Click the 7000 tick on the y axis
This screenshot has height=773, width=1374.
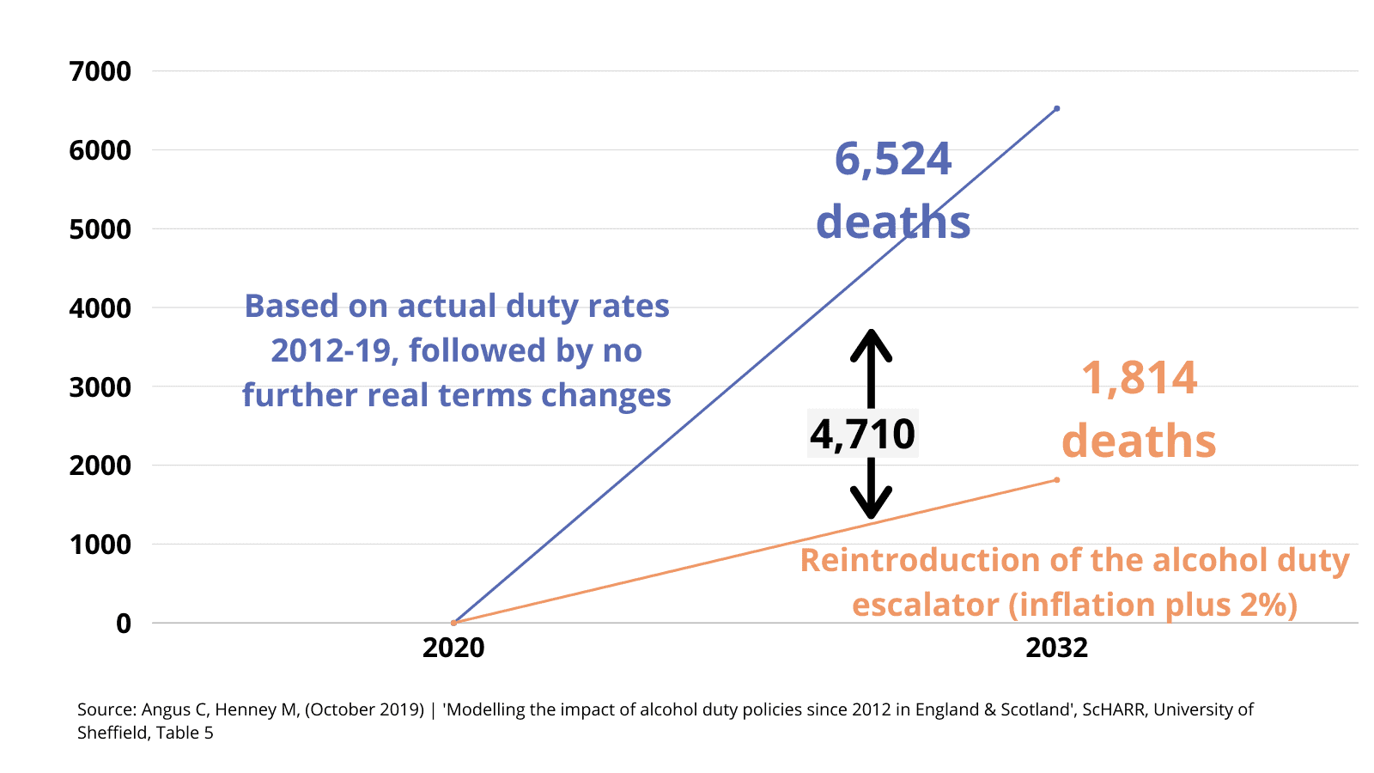[100, 71]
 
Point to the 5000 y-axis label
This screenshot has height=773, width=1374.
[100, 229]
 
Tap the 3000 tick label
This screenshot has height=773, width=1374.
[100, 387]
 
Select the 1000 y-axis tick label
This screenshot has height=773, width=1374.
[100, 545]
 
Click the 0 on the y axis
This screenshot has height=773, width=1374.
[124, 624]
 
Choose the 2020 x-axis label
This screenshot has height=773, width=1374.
[453, 648]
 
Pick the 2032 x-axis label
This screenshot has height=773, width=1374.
[1056, 648]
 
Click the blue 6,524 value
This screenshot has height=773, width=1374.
[893, 160]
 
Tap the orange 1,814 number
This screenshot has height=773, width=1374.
[1139, 379]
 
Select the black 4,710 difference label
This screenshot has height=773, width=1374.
[863, 434]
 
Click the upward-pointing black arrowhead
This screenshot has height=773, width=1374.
[871, 342]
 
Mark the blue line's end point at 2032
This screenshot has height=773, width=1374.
[1056, 108]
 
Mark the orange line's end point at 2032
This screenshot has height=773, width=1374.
[1056, 479]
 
